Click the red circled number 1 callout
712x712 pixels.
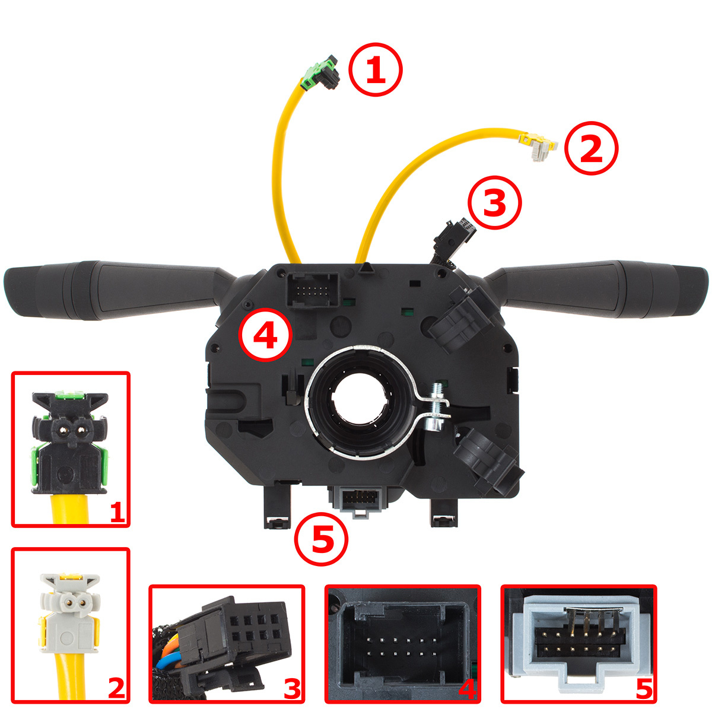376,69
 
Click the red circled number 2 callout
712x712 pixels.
591,148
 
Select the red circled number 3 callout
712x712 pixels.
495,202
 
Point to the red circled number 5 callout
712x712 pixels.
321,539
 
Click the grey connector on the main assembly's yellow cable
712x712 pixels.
538,147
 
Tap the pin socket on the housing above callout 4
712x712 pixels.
313,290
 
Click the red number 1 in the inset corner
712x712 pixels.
118,513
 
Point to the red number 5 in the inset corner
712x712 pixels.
644,689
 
